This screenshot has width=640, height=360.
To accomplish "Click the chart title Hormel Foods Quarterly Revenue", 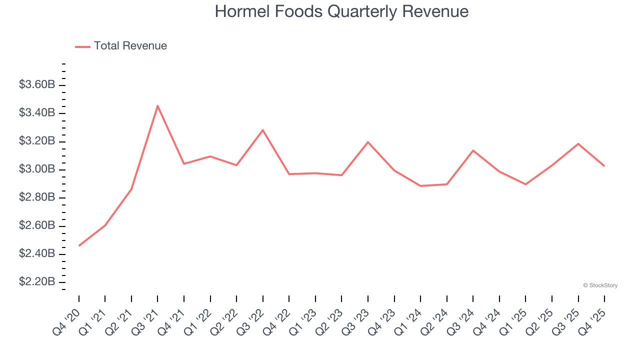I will point(341,11).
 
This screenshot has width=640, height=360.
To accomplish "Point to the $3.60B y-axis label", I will point(37,85).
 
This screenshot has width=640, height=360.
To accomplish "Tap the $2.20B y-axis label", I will point(37,282).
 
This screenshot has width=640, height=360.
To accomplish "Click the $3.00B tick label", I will point(37,169).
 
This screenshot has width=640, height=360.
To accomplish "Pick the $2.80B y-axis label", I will point(37,197).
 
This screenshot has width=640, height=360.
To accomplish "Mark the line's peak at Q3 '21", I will point(157,105).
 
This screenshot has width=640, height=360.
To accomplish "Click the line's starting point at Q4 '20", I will point(79,245).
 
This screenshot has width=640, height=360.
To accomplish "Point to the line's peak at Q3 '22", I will point(263,130).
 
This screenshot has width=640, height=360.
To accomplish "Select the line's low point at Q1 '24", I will point(420,186).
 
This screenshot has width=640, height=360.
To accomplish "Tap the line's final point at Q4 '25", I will point(604,166).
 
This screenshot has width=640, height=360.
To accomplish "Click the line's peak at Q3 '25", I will point(578,144).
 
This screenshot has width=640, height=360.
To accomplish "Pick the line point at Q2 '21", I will point(131,189).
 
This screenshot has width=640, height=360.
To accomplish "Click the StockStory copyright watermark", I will point(600,285).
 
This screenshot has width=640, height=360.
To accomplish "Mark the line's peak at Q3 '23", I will point(368,142).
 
